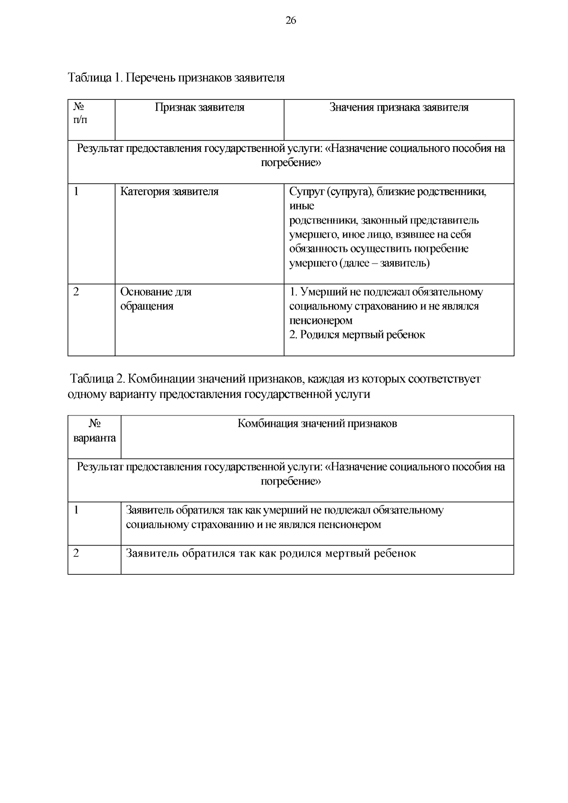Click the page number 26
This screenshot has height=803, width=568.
[x=291, y=20]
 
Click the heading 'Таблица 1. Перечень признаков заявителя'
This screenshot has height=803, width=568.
[x=177, y=78]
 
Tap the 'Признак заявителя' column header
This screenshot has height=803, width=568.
[x=200, y=107]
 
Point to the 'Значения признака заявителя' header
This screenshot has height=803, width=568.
[x=399, y=107]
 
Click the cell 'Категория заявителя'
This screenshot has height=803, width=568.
[x=169, y=192]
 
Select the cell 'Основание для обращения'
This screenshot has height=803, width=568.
[x=156, y=299]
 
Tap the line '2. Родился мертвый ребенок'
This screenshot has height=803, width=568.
[x=357, y=335]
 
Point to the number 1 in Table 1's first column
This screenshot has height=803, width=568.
[x=76, y=192]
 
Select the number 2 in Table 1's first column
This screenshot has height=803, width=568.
[x=76, y=291]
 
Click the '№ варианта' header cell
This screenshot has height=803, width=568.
[x=95, y=431]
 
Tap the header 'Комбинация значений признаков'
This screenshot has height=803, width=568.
[x=317, y=424]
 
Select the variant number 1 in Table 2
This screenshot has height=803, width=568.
[x=76, y=510]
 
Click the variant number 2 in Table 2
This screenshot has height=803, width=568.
[x=76, y=553]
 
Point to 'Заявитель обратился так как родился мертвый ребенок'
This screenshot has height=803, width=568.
[x=271, y=553]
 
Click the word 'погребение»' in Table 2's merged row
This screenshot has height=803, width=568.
[x=291, y=481]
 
